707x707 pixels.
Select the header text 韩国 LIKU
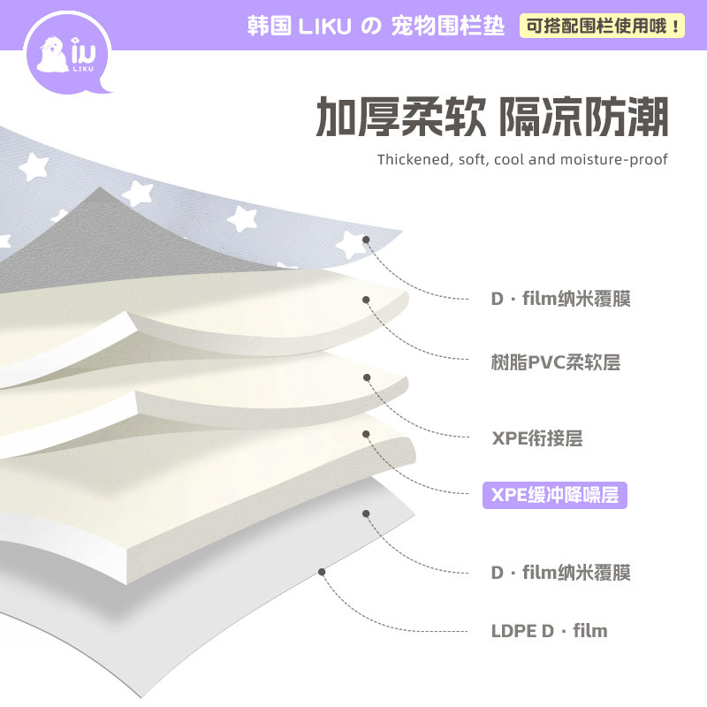pyautogui.click(x=298, y=27)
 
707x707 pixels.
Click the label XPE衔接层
pyautogui.click(x=536, y=438)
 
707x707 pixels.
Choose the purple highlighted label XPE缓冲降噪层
pyautogui.click(x=554, y=495)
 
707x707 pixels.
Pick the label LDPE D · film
pyautogui.click(x=549, y=631)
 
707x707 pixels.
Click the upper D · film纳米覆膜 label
pyautogui.click(x=560, y=299)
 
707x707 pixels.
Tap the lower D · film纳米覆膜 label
pyautogui.click(x=560, y=573)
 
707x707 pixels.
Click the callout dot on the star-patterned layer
pyautogui.click(x=366, y=237)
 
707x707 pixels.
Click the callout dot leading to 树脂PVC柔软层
pyautogui.click(x=366, y=298)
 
